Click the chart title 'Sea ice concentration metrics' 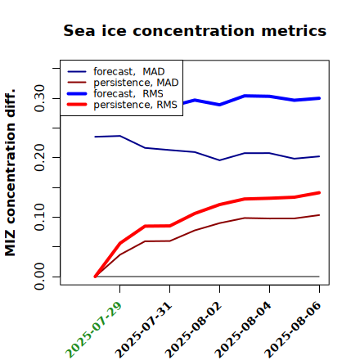click(195, 31)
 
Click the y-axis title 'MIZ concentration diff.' click(10, 173)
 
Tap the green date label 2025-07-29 click(93, 330)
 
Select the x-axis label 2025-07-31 click(143, 330)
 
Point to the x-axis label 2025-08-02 click(193, 330)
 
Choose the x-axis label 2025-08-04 click(243, 330)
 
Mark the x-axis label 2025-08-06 click(293, 330)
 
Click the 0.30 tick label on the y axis click(39, 98)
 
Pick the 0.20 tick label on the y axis click(39, 157)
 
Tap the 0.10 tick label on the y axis click(39, 217)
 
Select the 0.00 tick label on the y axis click(39, 277)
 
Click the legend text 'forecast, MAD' click(129, 72)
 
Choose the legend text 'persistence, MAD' click(136, 83)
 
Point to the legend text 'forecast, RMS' click(128, 93)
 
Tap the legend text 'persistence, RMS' click(135, 105)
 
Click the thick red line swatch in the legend click(77, 104)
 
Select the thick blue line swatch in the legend click(77, 93)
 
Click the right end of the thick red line click(319, 193)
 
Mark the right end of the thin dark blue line click(319, 156)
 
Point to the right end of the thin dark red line click(319, 215)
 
